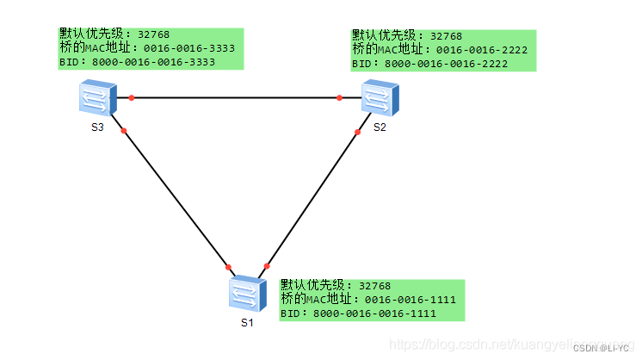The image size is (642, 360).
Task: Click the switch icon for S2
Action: tap(380, 97)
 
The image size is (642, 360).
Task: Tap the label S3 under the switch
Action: tap(97, 127)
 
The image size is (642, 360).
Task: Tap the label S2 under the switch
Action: tap(380, 127)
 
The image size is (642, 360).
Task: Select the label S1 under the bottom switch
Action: tap(247, 323)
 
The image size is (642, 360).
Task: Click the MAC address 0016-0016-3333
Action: tap(189, 49)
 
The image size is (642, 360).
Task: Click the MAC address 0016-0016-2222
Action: tap(482, 51)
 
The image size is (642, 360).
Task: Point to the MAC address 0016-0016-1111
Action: tap(410, 300)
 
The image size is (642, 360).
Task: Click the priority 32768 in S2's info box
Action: tap(446, 36)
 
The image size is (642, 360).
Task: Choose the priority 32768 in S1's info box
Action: tap(374, 285)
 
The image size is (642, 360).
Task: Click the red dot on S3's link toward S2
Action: tap(132, 97)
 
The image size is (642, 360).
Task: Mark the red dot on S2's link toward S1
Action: tap(357, 132)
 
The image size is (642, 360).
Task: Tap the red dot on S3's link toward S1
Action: tap(124, 131)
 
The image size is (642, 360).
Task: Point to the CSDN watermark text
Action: tap(600, 348)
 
